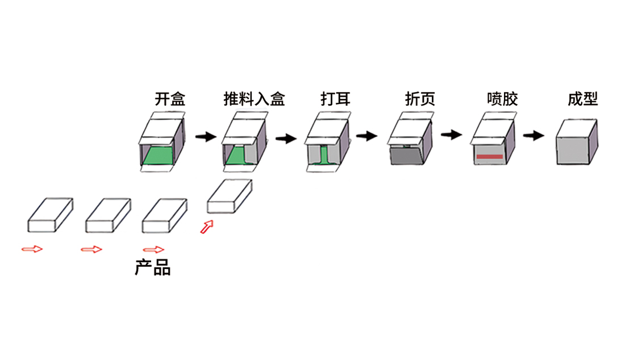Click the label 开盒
[x=170, y=99]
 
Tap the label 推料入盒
[x=254, y=99]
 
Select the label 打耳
[x=335, y=99]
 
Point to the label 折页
[x=420, y=99]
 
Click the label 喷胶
[x=502, y=99]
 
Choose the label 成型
[x=582, y=99]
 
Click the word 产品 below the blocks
[x=153, y=267]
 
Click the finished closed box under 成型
[x=576, y=143]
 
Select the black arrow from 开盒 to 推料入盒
[x=205, y=136]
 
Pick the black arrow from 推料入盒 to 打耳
[x=286, y=138]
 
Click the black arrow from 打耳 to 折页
[x=366, y=136]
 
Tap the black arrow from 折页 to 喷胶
[x=451, y=135]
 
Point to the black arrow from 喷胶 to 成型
[x=534, y=136]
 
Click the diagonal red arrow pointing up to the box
[x=208, y=227]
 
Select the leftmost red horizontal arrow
[x=32, y=249]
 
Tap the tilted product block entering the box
[x=229, y=196]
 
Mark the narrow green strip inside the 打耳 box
[x=324, y=156]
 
